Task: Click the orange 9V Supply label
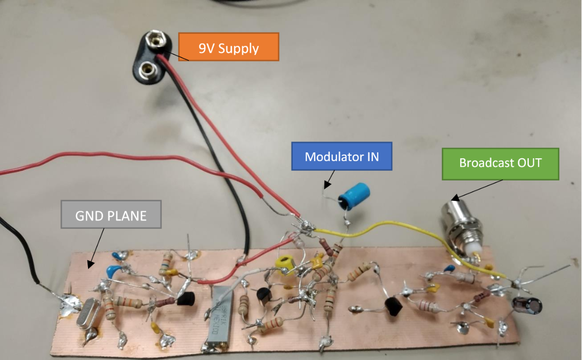(229, 47)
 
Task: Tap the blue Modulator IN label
(342, 156)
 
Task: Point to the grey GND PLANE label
(111, 214)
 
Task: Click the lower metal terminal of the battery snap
(145, 71)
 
